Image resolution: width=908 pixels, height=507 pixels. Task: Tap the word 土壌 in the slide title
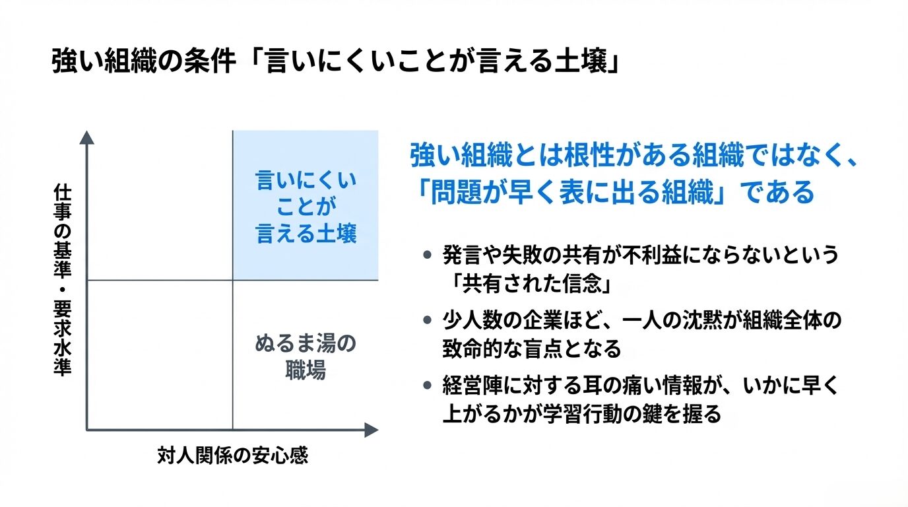(586, 64)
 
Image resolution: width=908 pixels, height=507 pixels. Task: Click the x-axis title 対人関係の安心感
(232, 456)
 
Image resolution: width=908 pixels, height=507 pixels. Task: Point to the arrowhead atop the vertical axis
(86, 137)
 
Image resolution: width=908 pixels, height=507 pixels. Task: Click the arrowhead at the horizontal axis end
(372, 430)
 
